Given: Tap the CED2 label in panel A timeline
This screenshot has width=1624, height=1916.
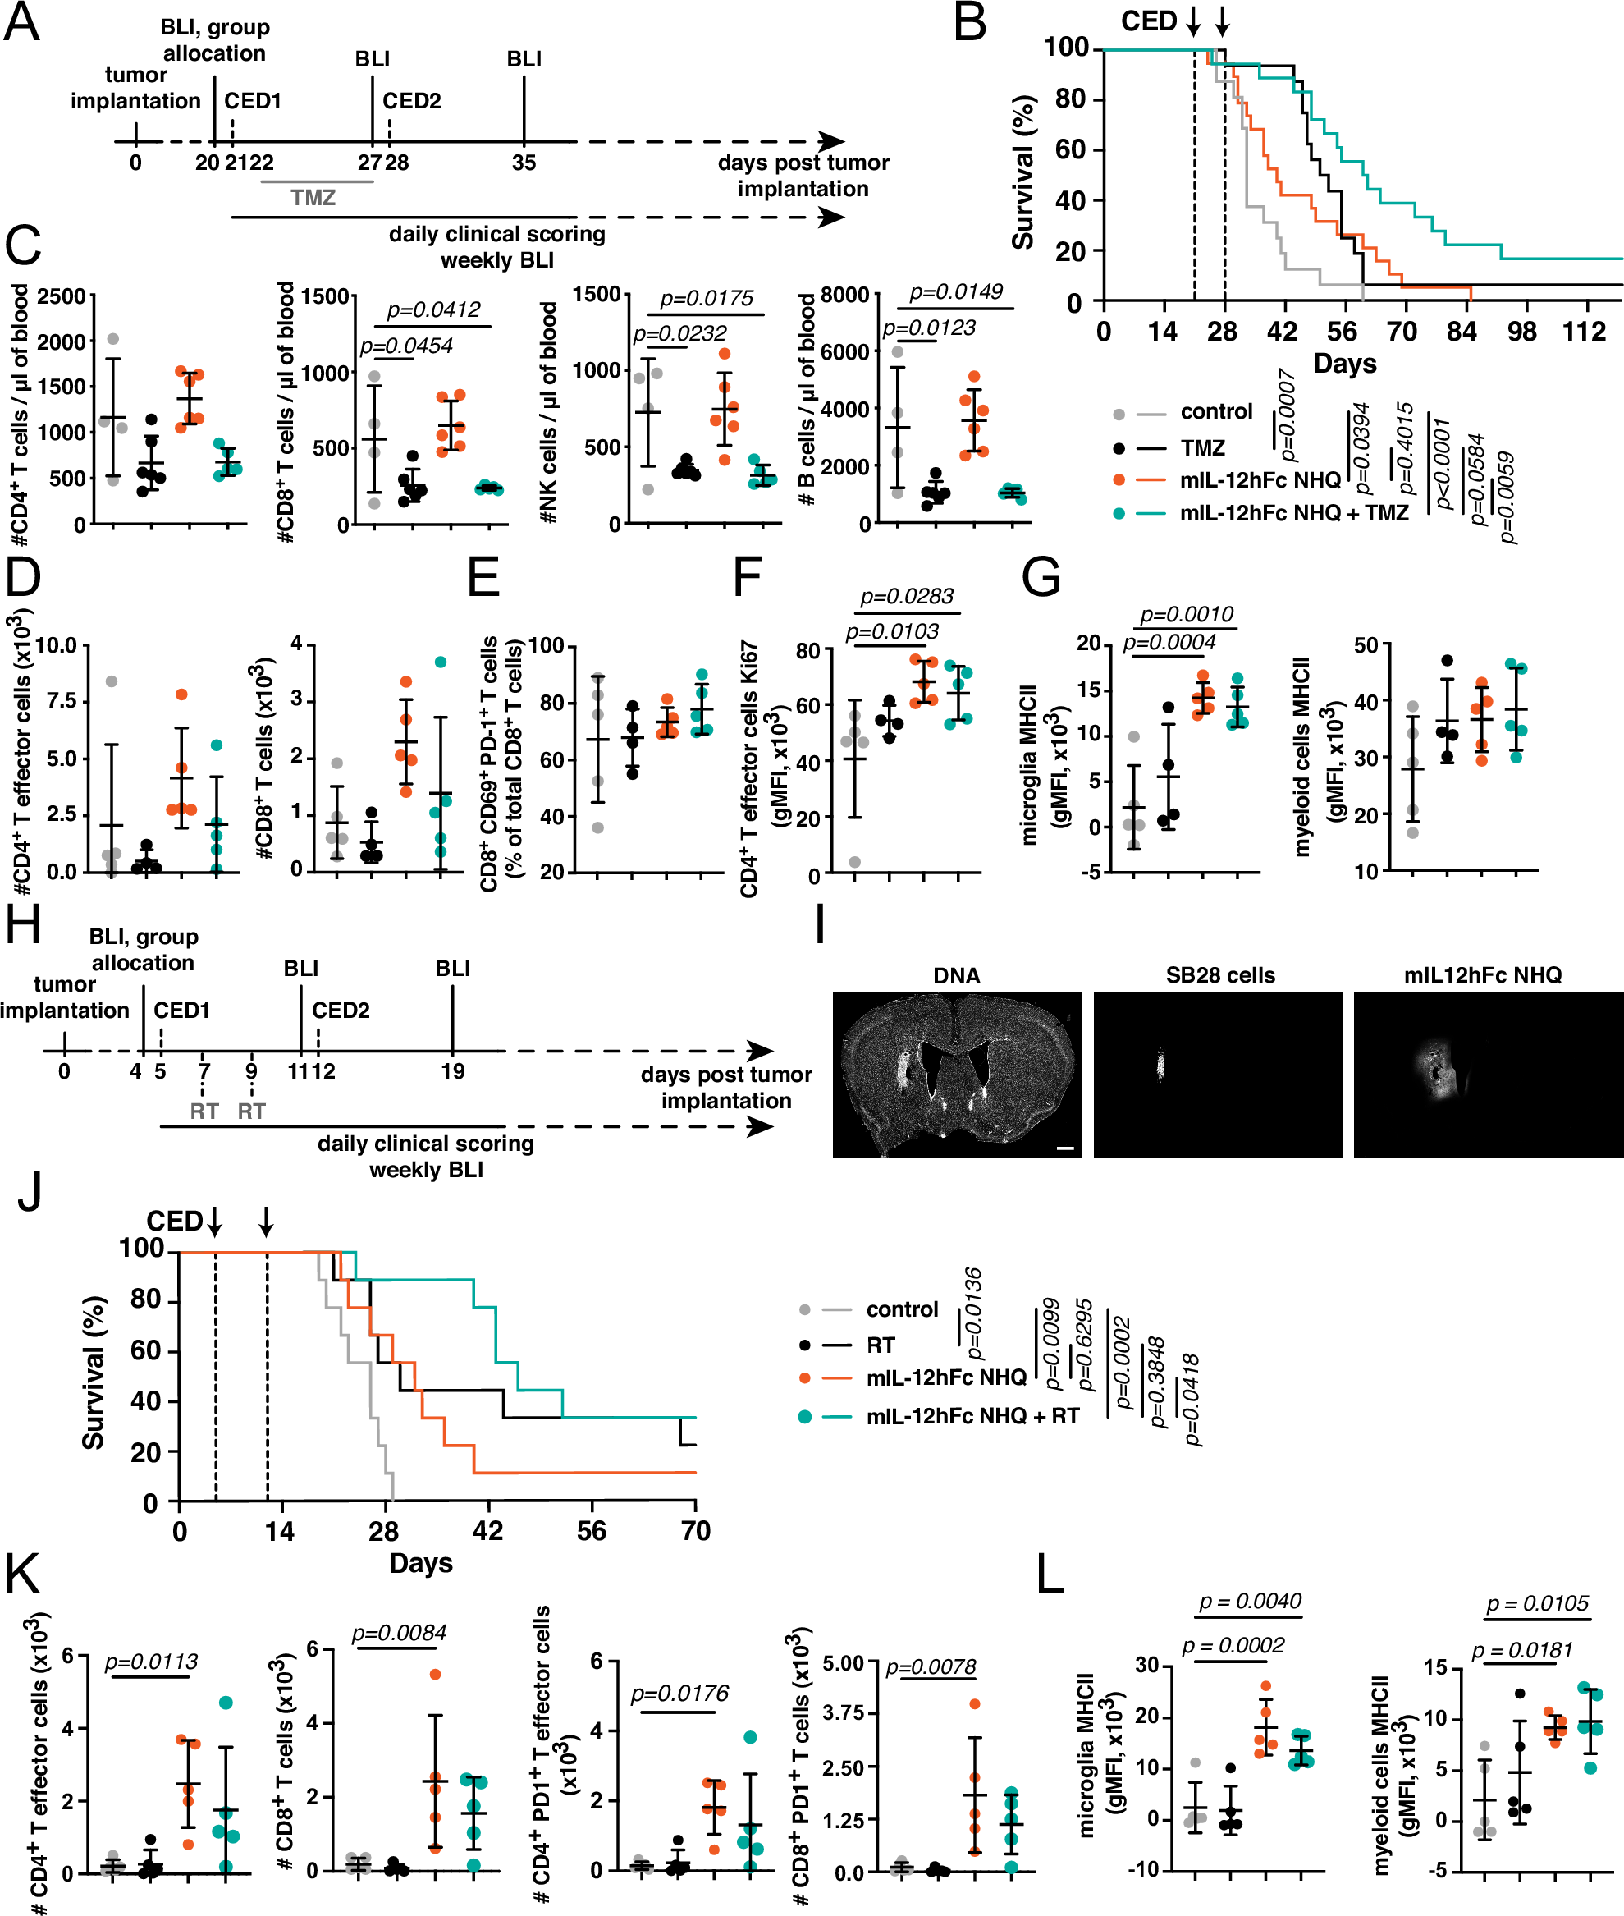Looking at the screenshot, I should click(411, 100).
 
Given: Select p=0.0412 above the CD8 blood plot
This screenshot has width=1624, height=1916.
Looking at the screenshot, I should click(432, 310).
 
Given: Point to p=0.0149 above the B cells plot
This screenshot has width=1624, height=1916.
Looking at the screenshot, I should click(956, 293).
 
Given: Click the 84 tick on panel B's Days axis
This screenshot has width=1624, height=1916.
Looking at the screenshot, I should click(1461, 332).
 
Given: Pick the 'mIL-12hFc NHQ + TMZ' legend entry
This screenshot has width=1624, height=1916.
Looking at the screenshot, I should click(1293, 513).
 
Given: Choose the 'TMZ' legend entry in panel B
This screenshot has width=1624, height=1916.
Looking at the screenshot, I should click(1202, 448).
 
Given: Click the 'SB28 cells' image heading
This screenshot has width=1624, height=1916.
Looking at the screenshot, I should click(1219, 975).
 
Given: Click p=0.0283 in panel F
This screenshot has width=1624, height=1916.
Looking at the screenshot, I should click(907, 598).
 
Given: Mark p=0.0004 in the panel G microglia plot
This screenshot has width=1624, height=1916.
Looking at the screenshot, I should click(1169, 643).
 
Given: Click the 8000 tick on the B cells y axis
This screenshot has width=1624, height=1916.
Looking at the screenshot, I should click(844, 295).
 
